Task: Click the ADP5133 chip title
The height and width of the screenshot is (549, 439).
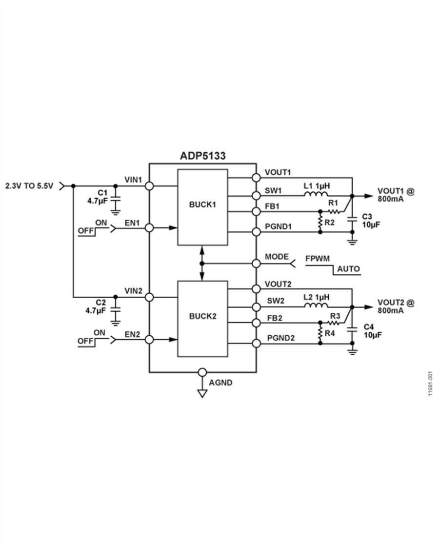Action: click(x=202, y=156)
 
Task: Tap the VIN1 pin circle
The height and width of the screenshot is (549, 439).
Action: click(x=149, y=186)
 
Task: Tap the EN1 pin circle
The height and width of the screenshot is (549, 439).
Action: click(x=149, y=228)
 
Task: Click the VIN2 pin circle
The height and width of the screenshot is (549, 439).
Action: click(x=149, y=297)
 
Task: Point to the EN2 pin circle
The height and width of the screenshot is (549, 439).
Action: click(x=149, y=339)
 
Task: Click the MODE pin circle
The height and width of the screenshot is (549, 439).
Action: click(x=256, y=264)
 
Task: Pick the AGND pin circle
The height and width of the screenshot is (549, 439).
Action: click(x=202, y=372)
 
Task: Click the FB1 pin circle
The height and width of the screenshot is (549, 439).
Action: click(x=256, y=211)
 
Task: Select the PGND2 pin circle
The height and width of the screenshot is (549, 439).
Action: click(x=256, y=344)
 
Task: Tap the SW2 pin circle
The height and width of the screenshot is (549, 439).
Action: click(x=256, y=307)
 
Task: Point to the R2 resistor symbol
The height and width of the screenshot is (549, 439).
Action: click(x=321, y=222)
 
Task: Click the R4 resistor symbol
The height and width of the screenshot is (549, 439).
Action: click(x=321, y=334)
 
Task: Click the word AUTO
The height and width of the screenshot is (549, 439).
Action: click(x=348, y=269)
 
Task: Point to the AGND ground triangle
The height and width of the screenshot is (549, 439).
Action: click(x=202, y=393)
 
